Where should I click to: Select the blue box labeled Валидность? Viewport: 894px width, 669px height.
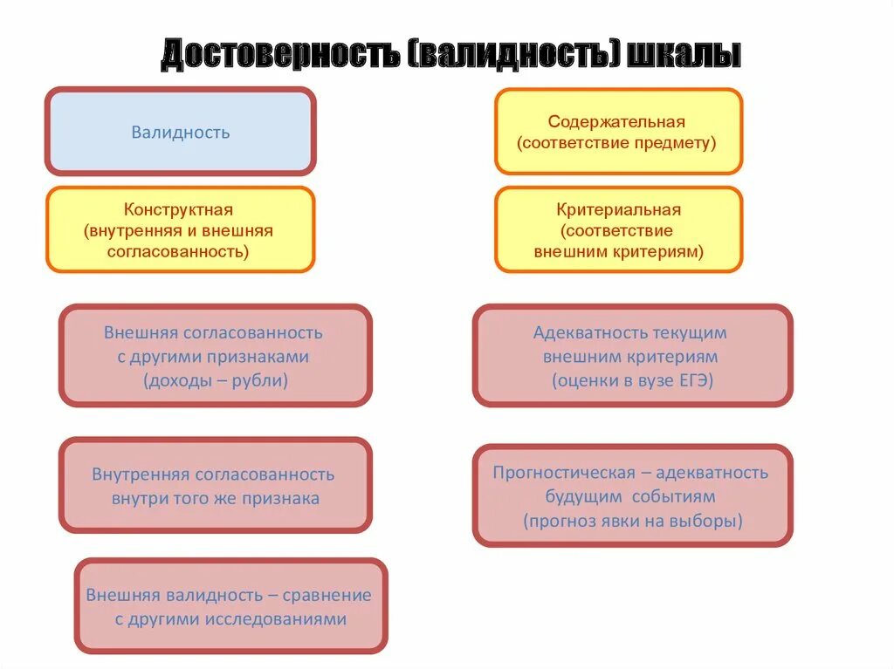click(180, 133)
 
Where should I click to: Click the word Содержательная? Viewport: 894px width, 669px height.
click(616, 122)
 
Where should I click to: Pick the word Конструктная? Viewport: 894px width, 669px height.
click(178, 210)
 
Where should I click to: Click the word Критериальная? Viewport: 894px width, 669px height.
click(618, 210)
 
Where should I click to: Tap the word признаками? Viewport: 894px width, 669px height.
click(259, 357)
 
